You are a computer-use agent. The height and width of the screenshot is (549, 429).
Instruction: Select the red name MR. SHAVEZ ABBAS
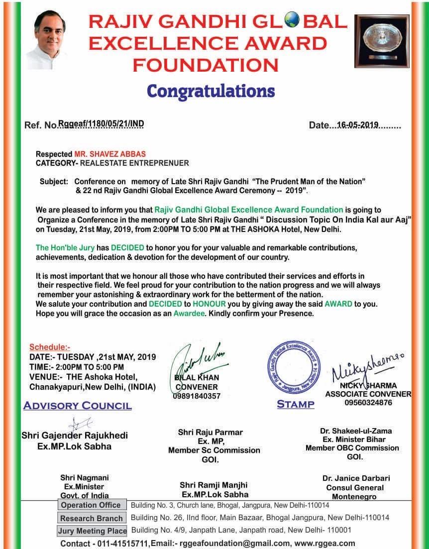[x=110, y=154]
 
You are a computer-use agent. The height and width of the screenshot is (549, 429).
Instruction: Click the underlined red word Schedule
[x=50, y=347]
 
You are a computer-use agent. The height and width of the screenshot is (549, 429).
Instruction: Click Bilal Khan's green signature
[x=197, y=360]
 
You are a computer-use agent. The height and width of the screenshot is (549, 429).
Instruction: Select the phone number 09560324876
[x=368, y=402]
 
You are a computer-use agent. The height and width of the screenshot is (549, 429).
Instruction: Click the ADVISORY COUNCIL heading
[x=78, y=406]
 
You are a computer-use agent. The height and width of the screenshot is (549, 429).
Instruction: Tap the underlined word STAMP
[x=296, y=404]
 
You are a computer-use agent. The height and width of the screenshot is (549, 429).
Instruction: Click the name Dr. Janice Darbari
[x=355, y=478]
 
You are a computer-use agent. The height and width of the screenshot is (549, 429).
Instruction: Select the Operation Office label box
[x=91, y=505]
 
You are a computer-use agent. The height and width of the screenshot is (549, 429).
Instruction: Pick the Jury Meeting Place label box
[x=93, y=531]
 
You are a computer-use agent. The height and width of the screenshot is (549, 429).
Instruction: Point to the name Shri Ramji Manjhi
[x=214, y=485]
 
